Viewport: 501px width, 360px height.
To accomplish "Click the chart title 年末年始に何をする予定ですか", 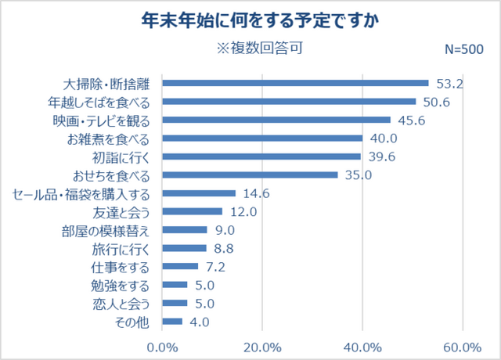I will pos(250,20).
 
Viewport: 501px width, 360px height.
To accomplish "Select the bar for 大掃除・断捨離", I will pos(296,83).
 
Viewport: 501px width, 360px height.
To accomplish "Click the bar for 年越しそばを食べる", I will pos(289,101).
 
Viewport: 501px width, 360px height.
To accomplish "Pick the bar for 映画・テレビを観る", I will pos(276,120).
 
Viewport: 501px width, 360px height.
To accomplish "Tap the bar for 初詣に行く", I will pos(261,156).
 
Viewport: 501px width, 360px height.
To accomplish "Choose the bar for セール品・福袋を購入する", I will pos(199,193).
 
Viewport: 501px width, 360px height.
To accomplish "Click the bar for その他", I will pos(172,321).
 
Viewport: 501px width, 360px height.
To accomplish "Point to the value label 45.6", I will pos(410,120).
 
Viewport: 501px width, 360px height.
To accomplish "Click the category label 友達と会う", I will pos(126,211).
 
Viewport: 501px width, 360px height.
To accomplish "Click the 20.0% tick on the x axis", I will pos(262,347).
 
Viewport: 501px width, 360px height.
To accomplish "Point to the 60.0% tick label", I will pos(461,347).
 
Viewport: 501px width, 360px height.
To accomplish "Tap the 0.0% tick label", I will pos(162,347).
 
